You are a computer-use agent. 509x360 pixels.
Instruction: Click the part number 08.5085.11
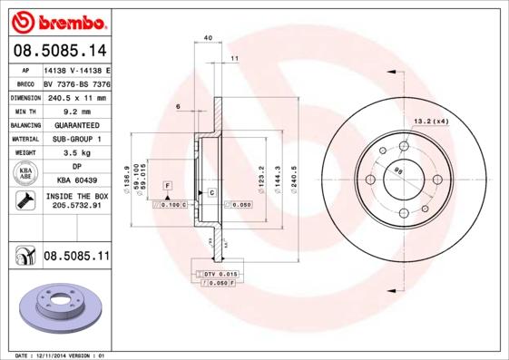75,258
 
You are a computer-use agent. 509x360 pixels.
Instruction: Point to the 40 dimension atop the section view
209,37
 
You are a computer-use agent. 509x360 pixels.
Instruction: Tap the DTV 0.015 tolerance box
220,273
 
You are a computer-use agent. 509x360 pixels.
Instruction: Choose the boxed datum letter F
168,185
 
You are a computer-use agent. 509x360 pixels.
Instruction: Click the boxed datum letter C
211,193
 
